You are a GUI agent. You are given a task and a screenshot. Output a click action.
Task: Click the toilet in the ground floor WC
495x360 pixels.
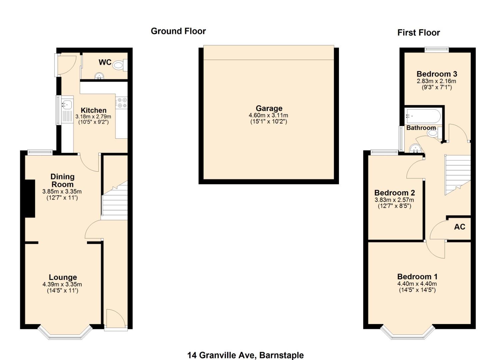pos(119,65)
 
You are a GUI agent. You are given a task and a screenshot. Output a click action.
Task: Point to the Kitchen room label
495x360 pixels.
pos(93,110)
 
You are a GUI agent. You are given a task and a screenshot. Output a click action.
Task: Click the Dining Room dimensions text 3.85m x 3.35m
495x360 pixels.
pos(62,192)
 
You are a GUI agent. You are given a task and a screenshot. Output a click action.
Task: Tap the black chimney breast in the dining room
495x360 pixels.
pos(30,198)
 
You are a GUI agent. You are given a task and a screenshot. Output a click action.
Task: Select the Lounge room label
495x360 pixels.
pos(63,277)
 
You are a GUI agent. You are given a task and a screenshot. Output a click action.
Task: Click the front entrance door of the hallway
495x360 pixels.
pos(115,319)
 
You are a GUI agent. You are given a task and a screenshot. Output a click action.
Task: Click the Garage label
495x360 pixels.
pos(269,108)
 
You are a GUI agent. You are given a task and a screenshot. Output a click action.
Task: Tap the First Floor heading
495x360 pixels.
pos(418,33)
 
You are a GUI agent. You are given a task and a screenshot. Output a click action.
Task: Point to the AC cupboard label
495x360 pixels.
pos(459,227)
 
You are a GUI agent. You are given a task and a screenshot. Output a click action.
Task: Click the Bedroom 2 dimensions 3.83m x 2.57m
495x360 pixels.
pos(394,200)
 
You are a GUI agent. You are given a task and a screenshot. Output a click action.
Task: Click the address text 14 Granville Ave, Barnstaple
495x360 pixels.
pos(245,355)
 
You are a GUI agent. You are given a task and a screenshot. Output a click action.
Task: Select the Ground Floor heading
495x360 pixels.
pos(178,31)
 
